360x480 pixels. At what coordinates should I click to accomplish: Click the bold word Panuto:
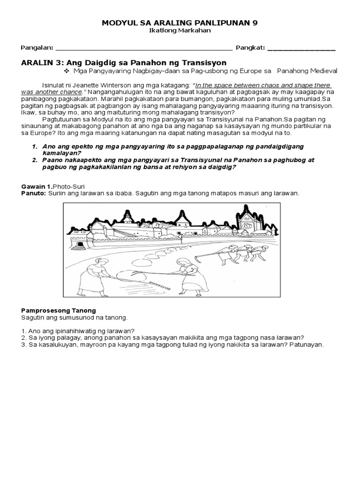tap(33, 193)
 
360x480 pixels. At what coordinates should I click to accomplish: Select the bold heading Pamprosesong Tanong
tap(59, 310)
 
